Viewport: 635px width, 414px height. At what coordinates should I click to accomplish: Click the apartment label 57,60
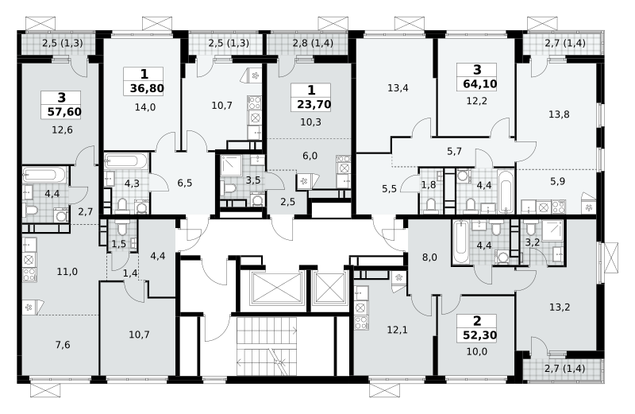click(x=64, y=111)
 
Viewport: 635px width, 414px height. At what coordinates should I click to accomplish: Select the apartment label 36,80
click(x=147, y=88)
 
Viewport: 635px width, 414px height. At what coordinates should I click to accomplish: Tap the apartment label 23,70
click(x=314, y=104)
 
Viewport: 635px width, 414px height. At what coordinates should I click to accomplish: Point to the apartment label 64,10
click(x=480, y=84)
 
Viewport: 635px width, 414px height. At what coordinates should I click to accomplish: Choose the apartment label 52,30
click(x=480, y=335)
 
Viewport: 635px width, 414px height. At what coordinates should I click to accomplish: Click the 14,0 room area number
click(x=145, y=107)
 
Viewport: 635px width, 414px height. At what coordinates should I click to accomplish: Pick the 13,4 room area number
click(x=398, y=88)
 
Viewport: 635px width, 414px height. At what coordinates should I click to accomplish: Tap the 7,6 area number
click(x=63, y=345)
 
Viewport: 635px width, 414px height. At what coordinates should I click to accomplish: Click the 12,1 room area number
click(x=398, y=330)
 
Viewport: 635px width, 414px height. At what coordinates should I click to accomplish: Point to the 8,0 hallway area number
click(x=429, y=257)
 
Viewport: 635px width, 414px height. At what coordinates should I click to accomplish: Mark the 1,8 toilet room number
click(x=429, y=185)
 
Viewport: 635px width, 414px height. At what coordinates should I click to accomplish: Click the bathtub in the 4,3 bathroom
click(x=127, y=162)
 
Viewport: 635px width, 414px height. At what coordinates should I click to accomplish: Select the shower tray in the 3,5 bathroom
click(x=231, y=164)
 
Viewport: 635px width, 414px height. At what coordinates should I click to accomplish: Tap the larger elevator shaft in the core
click(x=277, y=288)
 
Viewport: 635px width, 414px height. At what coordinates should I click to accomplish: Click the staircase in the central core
click(x=267, y=346)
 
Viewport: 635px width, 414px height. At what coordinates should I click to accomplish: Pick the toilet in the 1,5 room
click(x=121, y=228)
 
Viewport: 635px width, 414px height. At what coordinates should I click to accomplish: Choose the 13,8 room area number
click(x=559, y=114)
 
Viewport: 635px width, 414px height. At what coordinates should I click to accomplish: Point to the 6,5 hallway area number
click(x=185, y=184)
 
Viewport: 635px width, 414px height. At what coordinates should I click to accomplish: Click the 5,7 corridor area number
click(x=454, y=152)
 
